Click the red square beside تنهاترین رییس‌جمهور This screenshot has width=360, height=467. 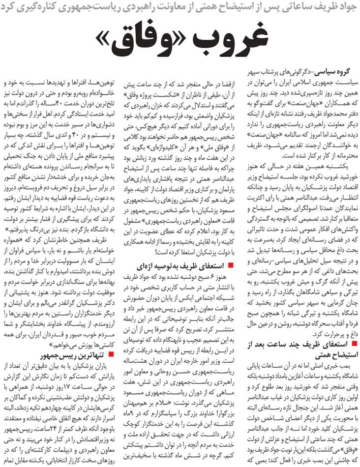point(113,353)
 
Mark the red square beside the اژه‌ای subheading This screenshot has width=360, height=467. point(231,266)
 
